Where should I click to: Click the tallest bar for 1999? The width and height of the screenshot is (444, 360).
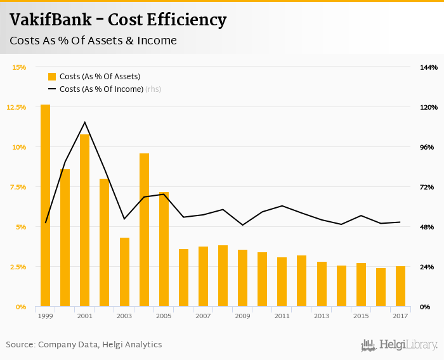pos(45,205)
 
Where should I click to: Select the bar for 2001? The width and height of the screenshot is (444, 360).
pos(84,221)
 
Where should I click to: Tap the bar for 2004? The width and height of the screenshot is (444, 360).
pos(144,230)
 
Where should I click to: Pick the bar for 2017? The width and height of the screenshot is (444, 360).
pos(400,286)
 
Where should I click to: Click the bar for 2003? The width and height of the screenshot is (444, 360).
pos(124,272)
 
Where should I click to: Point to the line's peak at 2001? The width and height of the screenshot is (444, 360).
pos(84,122)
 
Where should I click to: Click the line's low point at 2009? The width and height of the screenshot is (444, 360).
pos(242,225)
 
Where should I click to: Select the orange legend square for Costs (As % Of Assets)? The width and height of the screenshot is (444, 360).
pos(52,77)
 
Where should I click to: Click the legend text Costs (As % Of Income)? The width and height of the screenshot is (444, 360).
pos(101,89)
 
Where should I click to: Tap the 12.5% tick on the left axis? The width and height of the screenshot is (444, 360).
pos(16,107)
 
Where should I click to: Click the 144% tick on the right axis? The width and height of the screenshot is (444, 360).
pos(428,67)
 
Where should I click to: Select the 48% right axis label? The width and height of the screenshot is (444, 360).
pos(427,227)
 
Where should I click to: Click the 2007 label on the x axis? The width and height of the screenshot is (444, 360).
pos(203,316)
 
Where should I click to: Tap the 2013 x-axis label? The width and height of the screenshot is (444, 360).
pos(322,316)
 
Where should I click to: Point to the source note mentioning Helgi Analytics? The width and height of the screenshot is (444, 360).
pos(84,345)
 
